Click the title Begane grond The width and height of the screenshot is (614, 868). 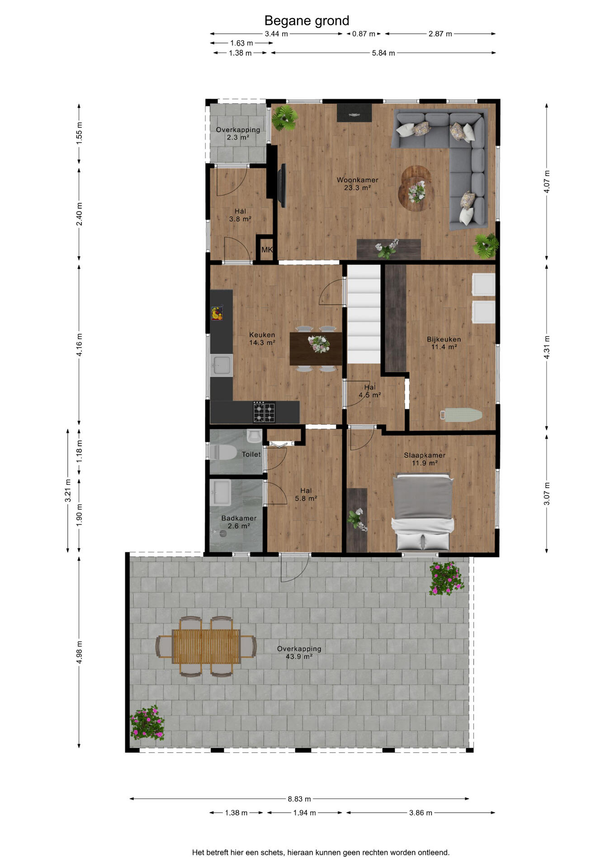click(307, 21)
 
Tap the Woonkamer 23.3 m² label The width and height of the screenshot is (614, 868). click(357, 184)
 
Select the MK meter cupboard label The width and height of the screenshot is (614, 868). click(267, 250)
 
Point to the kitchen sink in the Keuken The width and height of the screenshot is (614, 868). click(222, 365)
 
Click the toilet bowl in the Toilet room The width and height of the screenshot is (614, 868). click(223, 452)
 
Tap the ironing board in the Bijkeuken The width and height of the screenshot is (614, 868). click(461, 415)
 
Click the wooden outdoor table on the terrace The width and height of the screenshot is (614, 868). click(206, 646)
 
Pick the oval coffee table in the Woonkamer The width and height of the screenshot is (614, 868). click(416, 189)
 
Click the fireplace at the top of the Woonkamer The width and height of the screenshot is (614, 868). click(354, 113)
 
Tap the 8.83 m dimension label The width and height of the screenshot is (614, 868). click(299, 799)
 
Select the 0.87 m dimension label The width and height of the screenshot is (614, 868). click(364, 34)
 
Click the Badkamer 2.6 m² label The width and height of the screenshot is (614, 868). click(239, 522)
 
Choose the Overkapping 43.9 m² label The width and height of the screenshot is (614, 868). click(299, 652)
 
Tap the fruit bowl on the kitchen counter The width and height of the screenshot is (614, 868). click(217, 313)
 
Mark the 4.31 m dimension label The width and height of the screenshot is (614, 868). click(547, 347)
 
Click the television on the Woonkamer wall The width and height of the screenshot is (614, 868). click(282, 185)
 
